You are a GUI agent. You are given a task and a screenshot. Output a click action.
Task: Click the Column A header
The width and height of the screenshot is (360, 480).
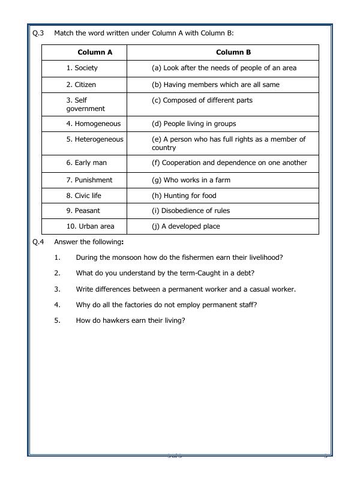94,52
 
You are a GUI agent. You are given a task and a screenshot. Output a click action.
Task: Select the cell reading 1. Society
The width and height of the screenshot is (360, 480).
82,68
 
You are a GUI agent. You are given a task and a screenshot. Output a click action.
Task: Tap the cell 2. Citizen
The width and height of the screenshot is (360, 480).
81,85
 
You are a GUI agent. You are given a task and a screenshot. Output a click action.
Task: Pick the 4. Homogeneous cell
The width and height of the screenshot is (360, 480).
94,124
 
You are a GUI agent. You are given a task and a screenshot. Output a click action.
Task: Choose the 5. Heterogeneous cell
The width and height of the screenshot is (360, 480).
95,139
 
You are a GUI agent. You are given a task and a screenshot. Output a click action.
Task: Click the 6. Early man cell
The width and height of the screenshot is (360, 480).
86,163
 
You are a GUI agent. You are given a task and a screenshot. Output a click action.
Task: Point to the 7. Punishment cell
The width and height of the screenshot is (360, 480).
89,180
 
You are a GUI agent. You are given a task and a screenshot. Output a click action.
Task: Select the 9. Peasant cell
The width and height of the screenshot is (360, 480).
83,211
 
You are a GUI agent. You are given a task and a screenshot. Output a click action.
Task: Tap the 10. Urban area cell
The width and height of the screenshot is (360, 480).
90,226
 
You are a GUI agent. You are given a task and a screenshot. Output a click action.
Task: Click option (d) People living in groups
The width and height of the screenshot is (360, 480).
194,124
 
